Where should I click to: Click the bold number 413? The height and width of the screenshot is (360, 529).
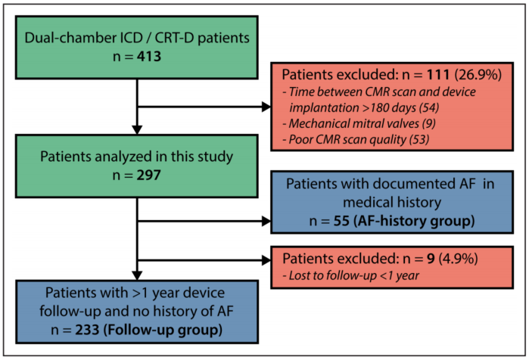[149, 56]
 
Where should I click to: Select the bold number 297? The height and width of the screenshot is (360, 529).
[149, 175]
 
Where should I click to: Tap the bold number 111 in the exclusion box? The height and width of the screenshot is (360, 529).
[438, 74]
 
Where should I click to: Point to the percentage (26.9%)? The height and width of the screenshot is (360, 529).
[478, 74]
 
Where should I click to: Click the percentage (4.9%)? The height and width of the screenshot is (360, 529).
[458, 259]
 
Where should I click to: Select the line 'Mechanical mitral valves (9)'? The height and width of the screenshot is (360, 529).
[359, 123]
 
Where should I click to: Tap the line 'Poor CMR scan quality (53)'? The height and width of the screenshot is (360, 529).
[356, 139]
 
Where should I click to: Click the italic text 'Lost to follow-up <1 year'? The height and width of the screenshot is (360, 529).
[351, 275]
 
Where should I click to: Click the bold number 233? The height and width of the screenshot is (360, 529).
[87, 329]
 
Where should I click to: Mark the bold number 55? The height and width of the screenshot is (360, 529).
[341, 221]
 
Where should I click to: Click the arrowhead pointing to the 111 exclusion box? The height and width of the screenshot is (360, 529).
[266, 107]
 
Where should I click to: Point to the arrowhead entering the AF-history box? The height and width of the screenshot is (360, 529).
[266, 221]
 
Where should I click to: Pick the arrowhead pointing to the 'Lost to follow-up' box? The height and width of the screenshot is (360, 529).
[266, 260]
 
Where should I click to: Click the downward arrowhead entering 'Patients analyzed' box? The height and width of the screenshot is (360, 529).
[137, 130]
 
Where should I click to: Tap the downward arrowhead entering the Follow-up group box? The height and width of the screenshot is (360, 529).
[137, 275]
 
